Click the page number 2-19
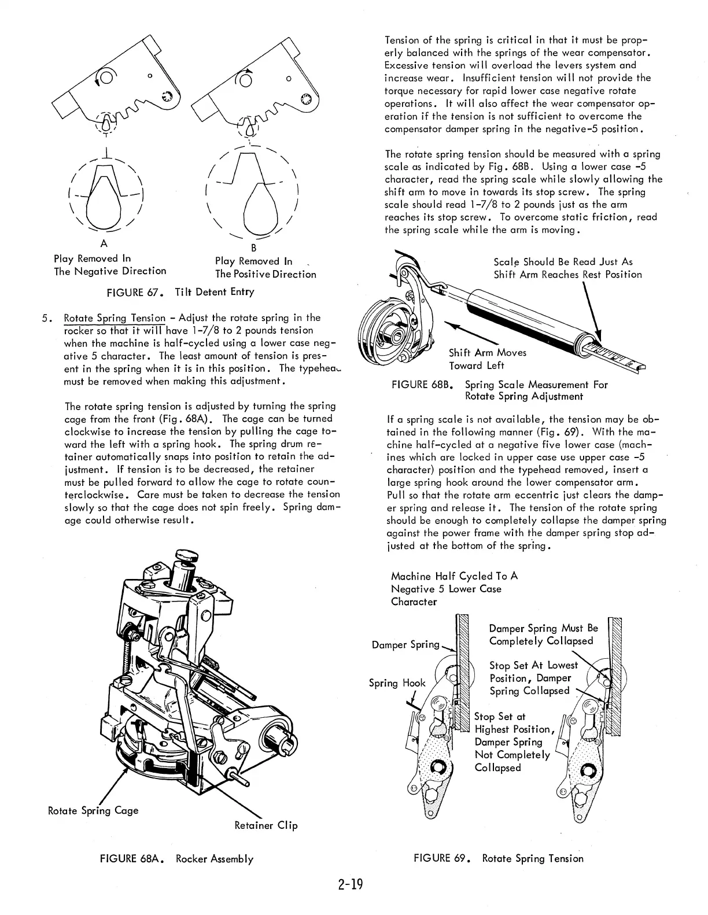(x=351, y=884)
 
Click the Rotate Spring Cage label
(x=93, y=810)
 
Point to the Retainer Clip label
(x=266, y=825)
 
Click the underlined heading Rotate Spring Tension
(x=115, y=318)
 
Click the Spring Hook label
(x=397, y=683)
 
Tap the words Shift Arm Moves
(x=488, y=353)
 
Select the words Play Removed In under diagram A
(x=93, y=259)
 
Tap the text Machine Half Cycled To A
(x=454, y=576)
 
